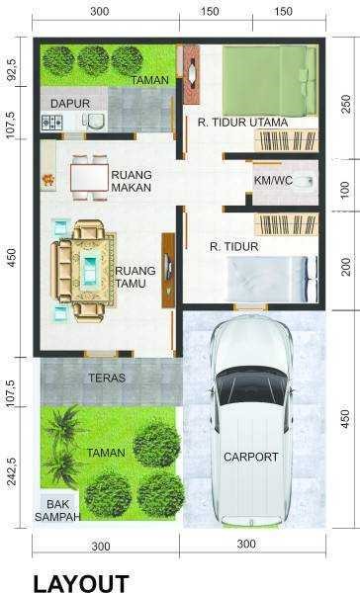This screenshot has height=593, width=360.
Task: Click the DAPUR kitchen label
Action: (x=70, y=103)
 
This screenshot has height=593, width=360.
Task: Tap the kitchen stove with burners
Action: (x=51, y=123)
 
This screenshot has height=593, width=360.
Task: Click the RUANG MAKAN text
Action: (x=132, y=181)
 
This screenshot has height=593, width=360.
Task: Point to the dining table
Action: (x=89, y=177)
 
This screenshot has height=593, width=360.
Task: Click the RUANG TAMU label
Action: (x=131, y=277)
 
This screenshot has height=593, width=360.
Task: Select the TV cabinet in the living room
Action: (x=168, y=270)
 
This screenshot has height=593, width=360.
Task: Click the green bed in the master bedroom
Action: (x=270, y=80)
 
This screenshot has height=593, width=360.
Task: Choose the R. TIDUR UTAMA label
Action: (x=242, y=123)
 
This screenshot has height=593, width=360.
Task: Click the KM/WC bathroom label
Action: (x=273, y=181)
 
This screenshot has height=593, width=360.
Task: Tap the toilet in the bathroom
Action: (x=304, y=182)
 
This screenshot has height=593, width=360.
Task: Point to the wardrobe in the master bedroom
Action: (x=286, y=140)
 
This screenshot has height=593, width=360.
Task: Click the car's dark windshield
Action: (x=252, y=385)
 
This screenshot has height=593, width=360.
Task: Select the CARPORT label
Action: (x=251, y=457)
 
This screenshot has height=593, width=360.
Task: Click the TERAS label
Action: (x=107, y=378)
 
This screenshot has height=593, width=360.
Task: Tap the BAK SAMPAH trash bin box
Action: (x=57, y=510)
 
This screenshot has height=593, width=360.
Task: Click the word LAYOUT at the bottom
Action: (x=81, y=583)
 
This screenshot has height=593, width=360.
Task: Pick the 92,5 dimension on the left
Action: (x=11, y=69)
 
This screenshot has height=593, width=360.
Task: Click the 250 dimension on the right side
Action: (x=346, y=104)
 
